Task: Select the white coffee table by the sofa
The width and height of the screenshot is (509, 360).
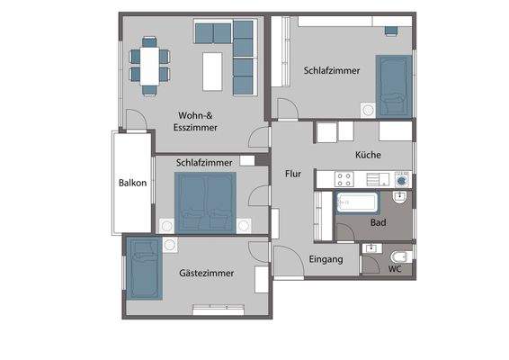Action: [212, 71]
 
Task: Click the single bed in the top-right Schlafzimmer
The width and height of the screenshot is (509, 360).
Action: [393, 85]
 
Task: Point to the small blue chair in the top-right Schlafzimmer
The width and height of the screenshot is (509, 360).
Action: [390, 31]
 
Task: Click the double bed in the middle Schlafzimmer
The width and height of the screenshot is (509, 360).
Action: [206, 201]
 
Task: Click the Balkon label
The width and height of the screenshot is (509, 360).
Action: [132, 184]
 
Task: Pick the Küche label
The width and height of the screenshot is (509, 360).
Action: [368, 155]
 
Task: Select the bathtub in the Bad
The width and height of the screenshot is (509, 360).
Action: [359, 202]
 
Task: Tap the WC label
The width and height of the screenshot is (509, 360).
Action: [395, 268]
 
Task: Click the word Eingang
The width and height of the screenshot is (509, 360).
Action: [326, 259]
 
